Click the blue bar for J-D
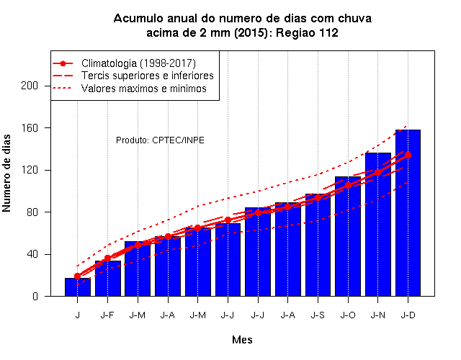(x=408, y=213)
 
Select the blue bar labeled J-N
(x=378, y=224)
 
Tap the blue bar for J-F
(x=108, y=279)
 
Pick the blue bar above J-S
(x=318, y=245)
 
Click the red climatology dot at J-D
(x=408, y=156)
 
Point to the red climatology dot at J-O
(x=348, y=186)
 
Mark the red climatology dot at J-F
(x=107, y=258)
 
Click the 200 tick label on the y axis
(x=30, y=86)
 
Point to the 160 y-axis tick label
(x=30, y=128)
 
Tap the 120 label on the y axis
(x=30, y=170)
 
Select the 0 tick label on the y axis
(x=35, y=296)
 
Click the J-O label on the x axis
(x=348, y=315)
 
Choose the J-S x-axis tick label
(x=318, y=315)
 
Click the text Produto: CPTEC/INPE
(x=160, y=140)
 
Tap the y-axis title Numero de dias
(x=6, y=174)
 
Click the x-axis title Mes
(x=242, y=340)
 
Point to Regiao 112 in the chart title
(x=307, y=32)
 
